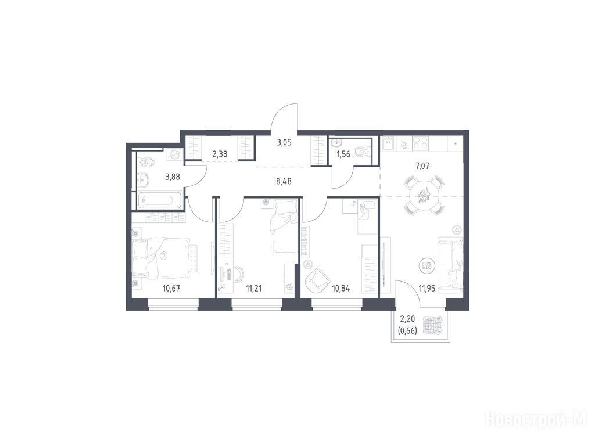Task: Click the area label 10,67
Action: pyautogui.click(x=171, y=288)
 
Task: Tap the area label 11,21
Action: pyautogui.click(x=254, y=288)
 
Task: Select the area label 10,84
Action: pyautogui.click(x=340, y=288)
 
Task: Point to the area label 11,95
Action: pyautogui.click(x=427, y=288)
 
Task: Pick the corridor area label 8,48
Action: pyautogui.click(x=284, y=181)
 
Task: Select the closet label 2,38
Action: pyautogui.click(x=220, y=154)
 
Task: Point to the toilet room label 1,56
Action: pyautogui.click(x=343, y=154)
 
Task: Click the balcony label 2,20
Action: pyautogui.click(x=407, y=322)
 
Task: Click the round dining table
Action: pyautogui.click(x=422, y=195)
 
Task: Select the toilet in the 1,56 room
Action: pyautogui.click(x=361, y=152)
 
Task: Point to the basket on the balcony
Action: pyautogui.click(x=433, y=325)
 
